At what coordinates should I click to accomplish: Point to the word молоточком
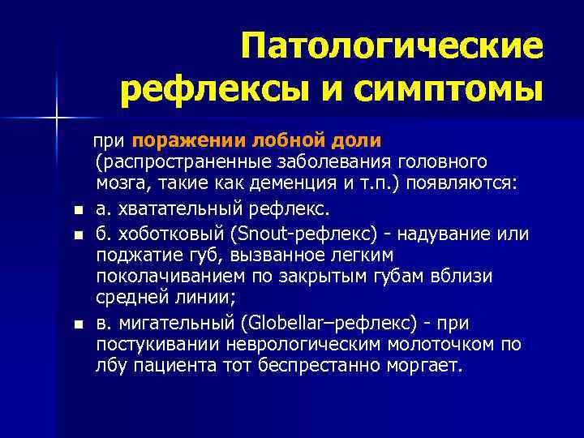(451, 345)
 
